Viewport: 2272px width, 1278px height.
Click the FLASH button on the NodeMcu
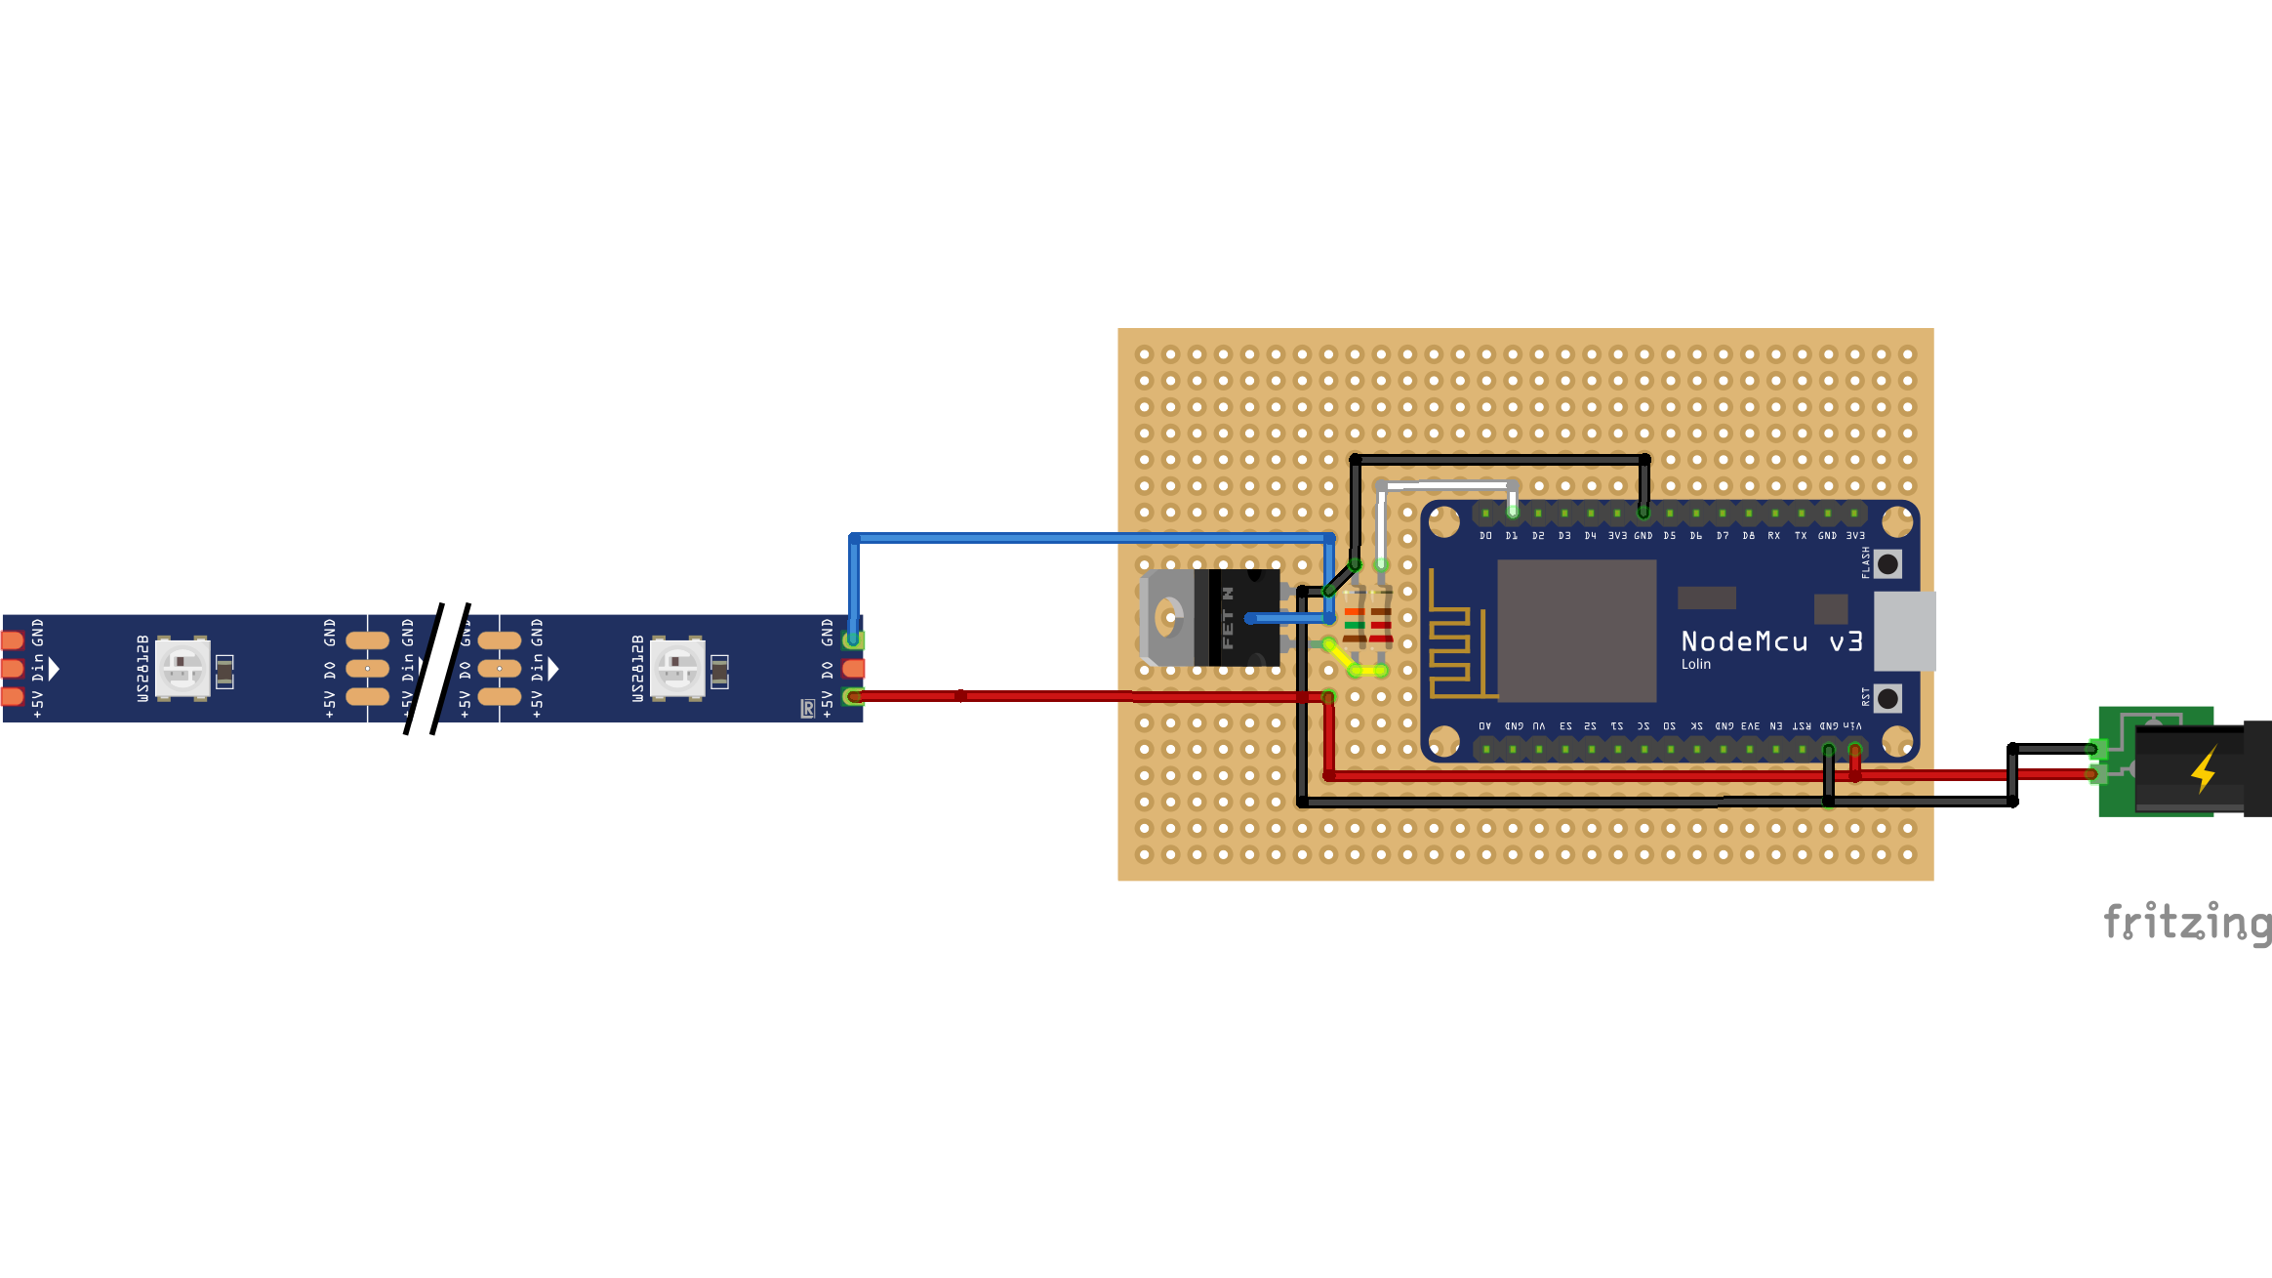(x=1888, y=563)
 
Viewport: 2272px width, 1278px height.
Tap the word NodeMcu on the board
(x=1744, y=641)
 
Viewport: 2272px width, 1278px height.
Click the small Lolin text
(x=1695, y=665)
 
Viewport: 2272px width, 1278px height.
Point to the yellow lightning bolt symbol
(x=2204, y=769)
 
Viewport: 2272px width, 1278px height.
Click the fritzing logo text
(x=2187, y=922)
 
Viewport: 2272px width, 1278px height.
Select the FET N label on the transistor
(x=1228, y=618)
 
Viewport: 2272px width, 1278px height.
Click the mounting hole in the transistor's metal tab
(x=1166, y=618)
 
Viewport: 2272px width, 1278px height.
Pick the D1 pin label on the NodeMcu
(x=1512, y=536)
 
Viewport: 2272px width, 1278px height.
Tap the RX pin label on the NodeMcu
(x=1774, y=536)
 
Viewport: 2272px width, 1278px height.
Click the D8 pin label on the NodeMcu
(x=1748, y=536)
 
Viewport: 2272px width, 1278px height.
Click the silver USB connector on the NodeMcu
(x=1904, y=631)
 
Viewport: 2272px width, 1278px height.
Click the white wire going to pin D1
(x=1444, y=484)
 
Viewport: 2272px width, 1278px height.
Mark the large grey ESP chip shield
(x=1576, y=631)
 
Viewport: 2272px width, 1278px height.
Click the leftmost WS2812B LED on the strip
(x=183, y=668)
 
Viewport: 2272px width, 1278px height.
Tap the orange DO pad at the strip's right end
(x=853, y=669)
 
